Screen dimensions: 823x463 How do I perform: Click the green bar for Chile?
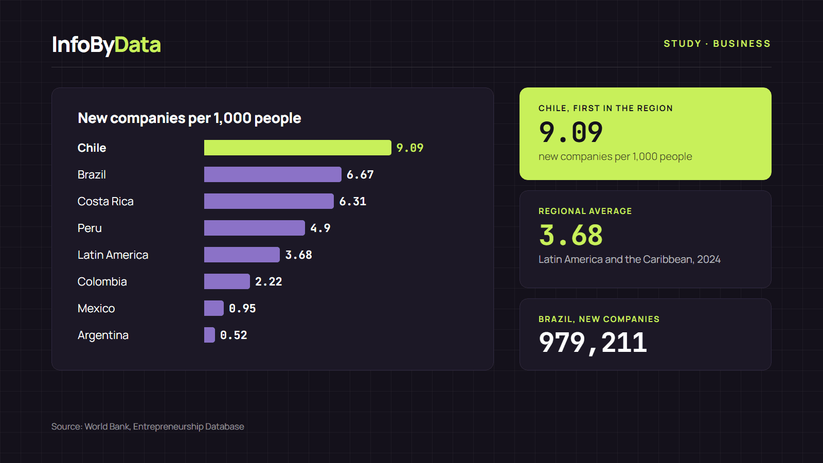pyautogui.click(x=298, y=148)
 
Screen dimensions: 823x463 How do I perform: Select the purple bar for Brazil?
pyautogui.click(x=273, y=174)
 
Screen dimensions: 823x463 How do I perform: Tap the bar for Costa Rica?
pyautogui.click(x=269, y=201)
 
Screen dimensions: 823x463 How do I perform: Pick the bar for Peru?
pyautogui.click(x=255, y=228)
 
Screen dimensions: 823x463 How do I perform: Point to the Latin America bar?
pyautogui.click(x=242, y=255)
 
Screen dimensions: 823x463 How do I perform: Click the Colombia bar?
pyautogui.click(x=227, y=281)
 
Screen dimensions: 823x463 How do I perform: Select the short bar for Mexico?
pyautogui.click(x=214, y=308)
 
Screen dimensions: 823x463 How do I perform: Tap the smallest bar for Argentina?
pyautogui.click(x=209, y=335)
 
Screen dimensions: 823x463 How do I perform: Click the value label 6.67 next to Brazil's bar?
pyautogui.click(x=360, y=174)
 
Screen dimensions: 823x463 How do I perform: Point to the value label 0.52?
pyautogui.click(x=234, y=335)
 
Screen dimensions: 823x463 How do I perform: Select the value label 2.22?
pyautogui.click(x=269, y=281)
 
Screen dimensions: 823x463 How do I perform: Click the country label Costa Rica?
pyautogui.click(x=105, y=201)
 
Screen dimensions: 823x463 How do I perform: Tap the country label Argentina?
pyautogui.click(x=103, y=335)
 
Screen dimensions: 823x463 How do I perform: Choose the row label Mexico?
pyautogui.click(x=96, y=308)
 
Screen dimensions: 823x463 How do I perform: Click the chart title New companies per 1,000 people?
pyautogui.click(x=190, y=118)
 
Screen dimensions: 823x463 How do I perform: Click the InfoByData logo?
pyautogui.click(x=106, y=45)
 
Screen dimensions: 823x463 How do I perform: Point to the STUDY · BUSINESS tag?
pyautogui.click(x=717, y=44)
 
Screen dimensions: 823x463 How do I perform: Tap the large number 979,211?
pyautogui.click(x=593, y=343)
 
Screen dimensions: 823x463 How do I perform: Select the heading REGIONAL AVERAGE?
pyautogui.click(x=585, y=211)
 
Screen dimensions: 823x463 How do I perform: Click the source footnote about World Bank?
pyautogui.click(x=148, y=426)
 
